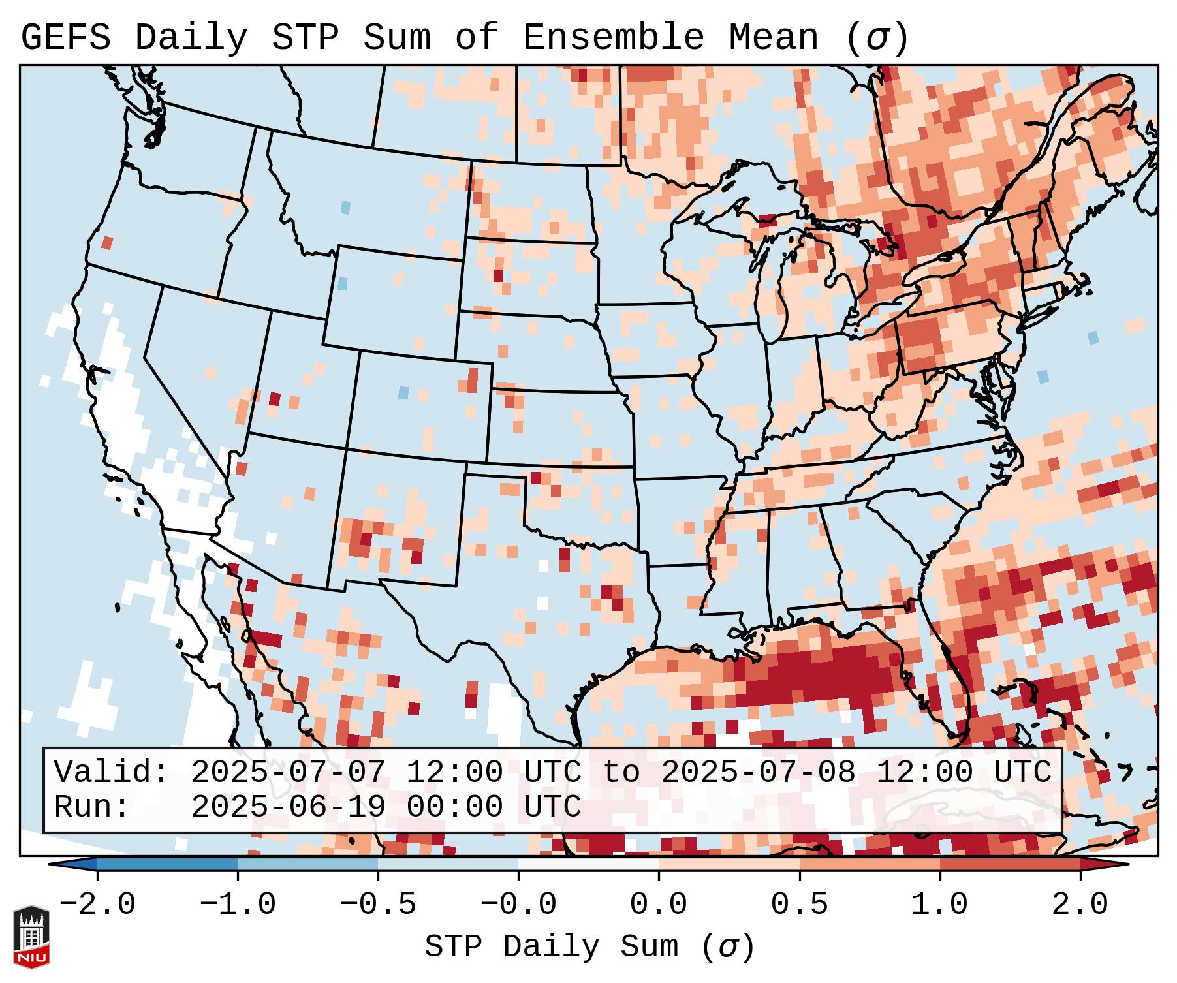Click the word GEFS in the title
pos(65,38)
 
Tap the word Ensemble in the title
pos(613,38)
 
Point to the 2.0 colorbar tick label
pos(1080,905)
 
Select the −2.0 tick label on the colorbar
pos(97,905)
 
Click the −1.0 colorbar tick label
pos(238,905)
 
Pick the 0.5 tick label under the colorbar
pos(799,905)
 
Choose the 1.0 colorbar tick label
pos(939,905)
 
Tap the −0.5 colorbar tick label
pos(378,905)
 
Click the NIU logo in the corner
pos(31,937)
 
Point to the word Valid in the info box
pos(111,772)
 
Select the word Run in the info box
pos(92,807)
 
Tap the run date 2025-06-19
pos(288,807)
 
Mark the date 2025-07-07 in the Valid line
pos(288,772)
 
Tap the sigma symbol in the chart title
pos(877,38)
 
